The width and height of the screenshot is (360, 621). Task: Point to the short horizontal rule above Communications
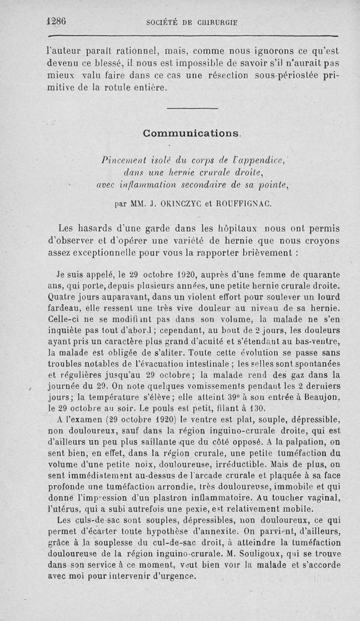pos(192,108)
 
